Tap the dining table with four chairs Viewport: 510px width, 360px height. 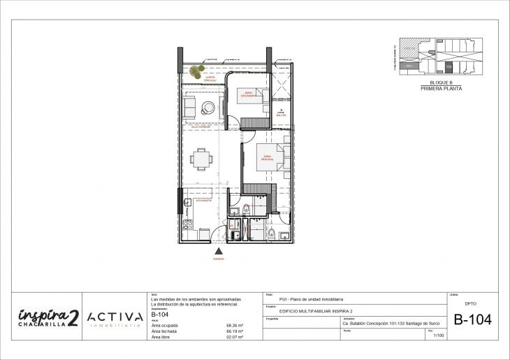click(202, 159)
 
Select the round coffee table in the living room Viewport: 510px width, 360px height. click(208, 108)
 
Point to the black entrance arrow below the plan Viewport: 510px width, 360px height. click(219, 250)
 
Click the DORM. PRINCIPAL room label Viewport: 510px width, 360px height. click(265, 157)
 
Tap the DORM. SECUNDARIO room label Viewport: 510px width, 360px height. click(249, 94)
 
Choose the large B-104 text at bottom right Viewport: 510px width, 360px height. click(472, 321)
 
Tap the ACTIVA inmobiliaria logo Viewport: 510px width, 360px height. click(115, 319)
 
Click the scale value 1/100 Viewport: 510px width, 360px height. click(439, 336)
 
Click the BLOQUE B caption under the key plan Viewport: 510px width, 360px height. click(441, 82)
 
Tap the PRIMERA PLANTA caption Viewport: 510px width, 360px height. click(441, 89)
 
